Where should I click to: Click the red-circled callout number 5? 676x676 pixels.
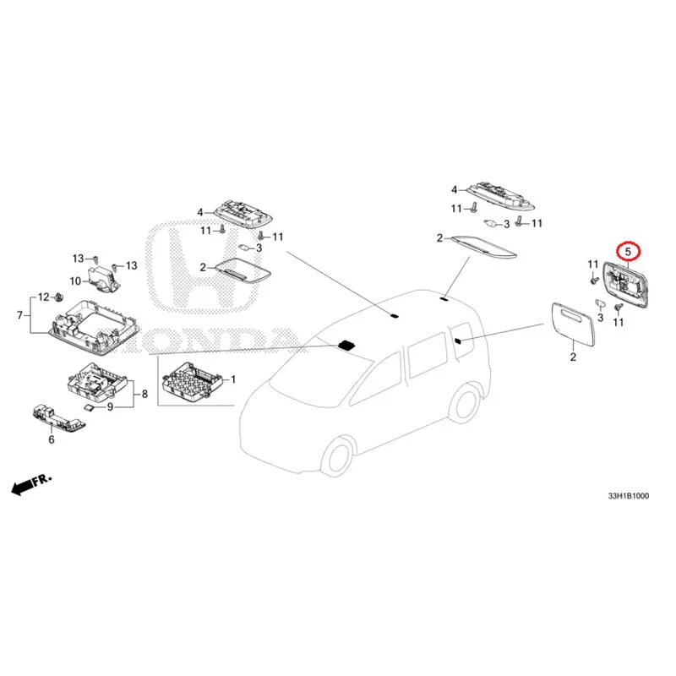click(x=628, y=251)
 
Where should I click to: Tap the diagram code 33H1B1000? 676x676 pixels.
click(x=624, y=496)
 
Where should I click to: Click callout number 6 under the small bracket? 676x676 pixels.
click(x=51, y=439)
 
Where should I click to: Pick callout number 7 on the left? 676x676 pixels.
click(x=19, y=316)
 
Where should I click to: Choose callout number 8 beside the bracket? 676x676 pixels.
click(x=144, y=394)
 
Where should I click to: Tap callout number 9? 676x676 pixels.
click(x=109, y=407)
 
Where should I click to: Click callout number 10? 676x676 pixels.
click(x=74, y=281)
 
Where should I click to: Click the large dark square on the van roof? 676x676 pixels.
click(x=346, y=345)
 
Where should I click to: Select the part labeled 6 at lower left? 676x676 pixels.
click(x=51, y=415)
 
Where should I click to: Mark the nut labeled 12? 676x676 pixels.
click(x=60, y=297)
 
